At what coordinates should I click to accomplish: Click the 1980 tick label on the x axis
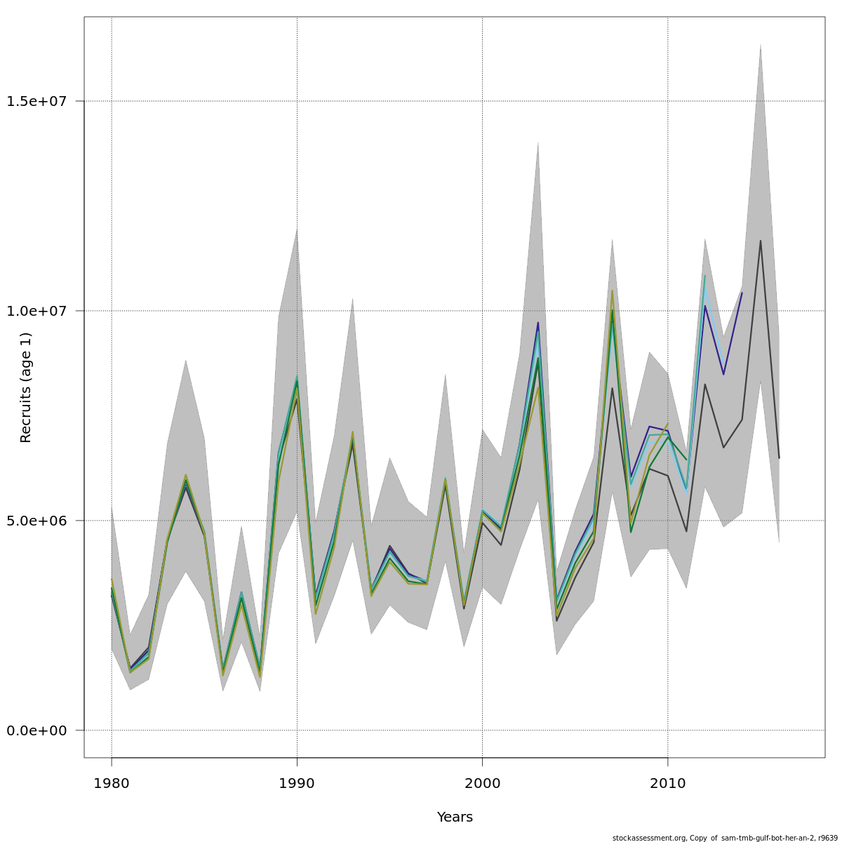[111, 783]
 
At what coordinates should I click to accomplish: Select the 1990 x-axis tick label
[297, 783]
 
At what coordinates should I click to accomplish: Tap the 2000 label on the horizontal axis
[482, 783]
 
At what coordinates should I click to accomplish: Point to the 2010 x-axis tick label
[667, 783]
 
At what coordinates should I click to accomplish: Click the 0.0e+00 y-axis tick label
[36, 730]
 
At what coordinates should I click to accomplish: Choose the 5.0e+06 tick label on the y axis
[36, 521]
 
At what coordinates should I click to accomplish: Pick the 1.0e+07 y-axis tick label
[36, 311]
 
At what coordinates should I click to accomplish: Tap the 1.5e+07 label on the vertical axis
[36, 101]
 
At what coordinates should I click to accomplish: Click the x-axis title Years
[455, 817]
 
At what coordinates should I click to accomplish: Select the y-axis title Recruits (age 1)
[26, 387]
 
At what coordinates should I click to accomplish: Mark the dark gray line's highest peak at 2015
[760, 241]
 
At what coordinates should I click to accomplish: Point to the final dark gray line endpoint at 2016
[779, 458]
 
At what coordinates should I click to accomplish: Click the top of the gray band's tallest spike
[760, 44]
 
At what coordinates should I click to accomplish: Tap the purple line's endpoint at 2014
[742, 293]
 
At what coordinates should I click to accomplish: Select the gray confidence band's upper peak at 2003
[537, 142]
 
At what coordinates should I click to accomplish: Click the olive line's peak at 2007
[612, 290]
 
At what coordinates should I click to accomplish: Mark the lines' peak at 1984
[185, 477]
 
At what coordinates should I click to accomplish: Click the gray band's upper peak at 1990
[297, 229]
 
